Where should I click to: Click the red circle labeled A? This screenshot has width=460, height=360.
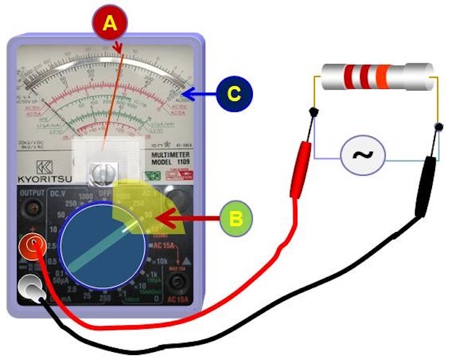coord(109,23)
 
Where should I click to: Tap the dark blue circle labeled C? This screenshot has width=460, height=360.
coord(233,95)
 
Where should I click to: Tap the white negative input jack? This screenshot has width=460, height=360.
coord(30,287)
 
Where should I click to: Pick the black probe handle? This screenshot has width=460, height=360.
coord(426,186)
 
